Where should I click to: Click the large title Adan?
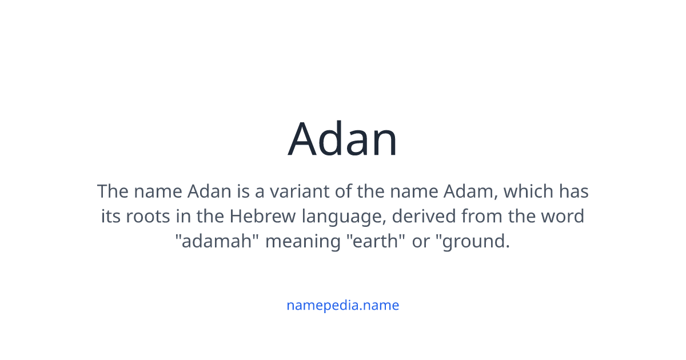tap(342, 139)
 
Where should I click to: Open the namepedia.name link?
tap(342, 305)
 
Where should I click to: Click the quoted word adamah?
tap(217, 242)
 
